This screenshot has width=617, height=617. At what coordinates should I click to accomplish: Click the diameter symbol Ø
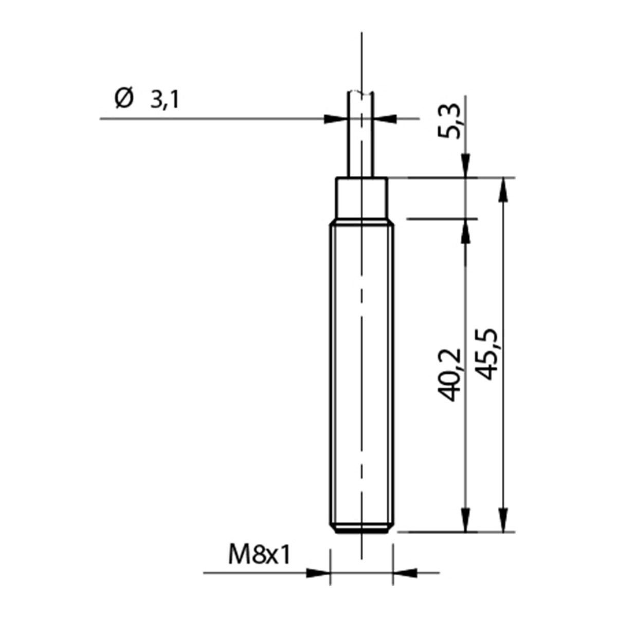[x=124, y=98]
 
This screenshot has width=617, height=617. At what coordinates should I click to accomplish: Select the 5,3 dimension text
[x=449, y=121]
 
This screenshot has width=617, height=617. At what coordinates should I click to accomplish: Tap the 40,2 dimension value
[x=449, y=375]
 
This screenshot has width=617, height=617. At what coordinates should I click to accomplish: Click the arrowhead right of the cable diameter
[x=385, y=119]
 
